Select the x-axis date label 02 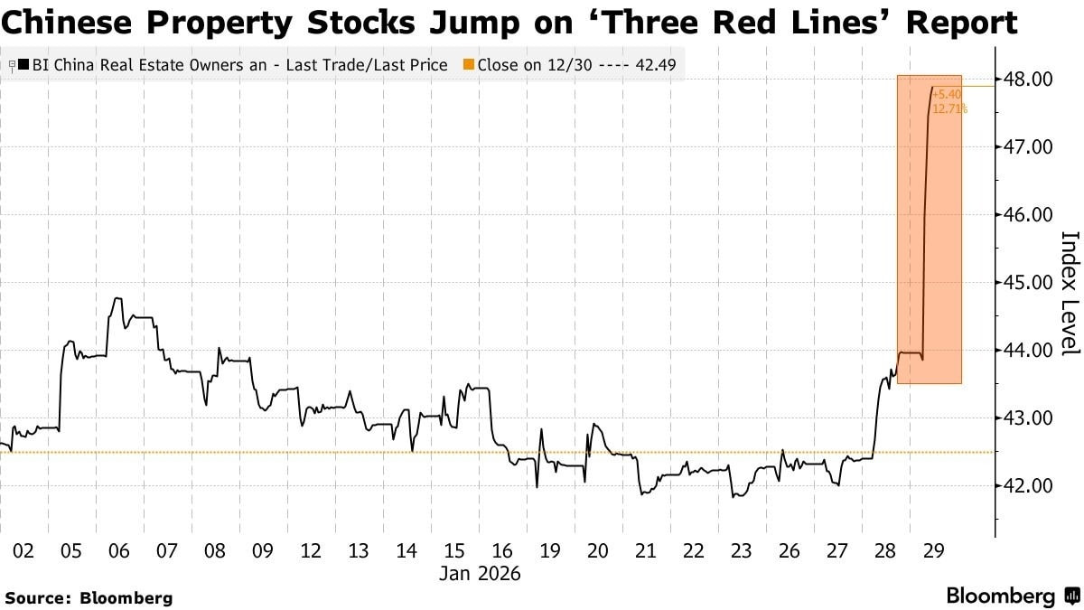(x=23, y=551)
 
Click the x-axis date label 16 (x=502, y=551)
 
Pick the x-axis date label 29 (x=933, y=551)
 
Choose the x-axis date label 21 (x=646, y=551)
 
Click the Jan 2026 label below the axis (x=480, y=574)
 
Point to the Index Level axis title (x=1070, y=294)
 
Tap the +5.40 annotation (x=947, y=94)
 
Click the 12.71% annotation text (x=949, y=109)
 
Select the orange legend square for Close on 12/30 (x=469, y=64)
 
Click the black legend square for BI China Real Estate (x=23, y=64)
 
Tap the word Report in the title (x=962, y=23)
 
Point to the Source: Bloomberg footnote (x=89, y=598)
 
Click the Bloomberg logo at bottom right (x=1013, y=596)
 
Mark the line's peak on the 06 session (x=117, y=298)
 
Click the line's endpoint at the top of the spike (x=932, y=87)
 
